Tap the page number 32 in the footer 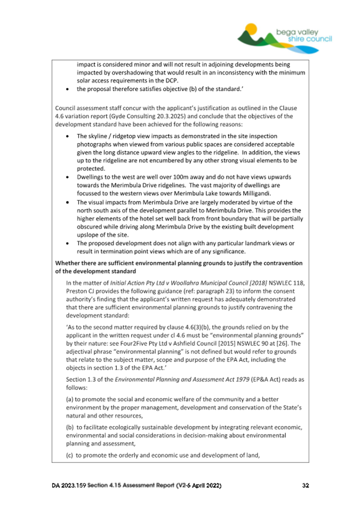pyautogui.click(x=305, y=486)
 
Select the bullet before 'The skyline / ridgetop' pyautogui.click(x=66, y=136)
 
